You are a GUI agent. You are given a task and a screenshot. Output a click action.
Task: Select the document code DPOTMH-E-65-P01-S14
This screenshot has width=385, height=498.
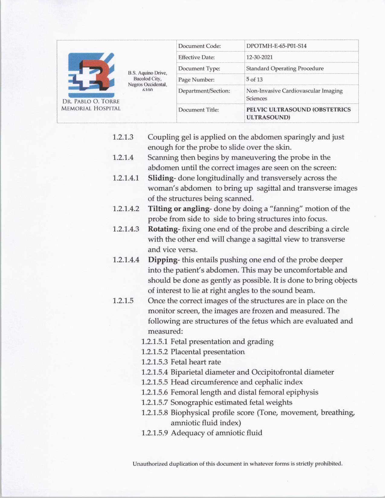[276, 46]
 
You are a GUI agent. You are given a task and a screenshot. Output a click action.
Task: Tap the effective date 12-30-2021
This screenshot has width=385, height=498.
[259, 57]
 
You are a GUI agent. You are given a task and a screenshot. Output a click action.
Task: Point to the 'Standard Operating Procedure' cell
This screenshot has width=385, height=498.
[285, 69]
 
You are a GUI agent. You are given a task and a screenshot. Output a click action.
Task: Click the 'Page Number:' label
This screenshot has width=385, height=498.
[196, 80]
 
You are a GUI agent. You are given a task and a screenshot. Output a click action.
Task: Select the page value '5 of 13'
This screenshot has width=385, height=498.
[254, 80]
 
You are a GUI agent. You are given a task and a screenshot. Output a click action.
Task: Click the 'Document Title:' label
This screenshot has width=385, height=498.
[198, 110]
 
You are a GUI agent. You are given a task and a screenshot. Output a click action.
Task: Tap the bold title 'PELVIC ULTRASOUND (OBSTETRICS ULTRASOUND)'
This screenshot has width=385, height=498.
[298, 113]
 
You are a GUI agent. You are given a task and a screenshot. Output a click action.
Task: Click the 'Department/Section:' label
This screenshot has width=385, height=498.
[204, 91]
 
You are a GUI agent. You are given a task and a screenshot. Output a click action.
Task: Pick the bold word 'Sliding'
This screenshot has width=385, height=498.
[161, 178]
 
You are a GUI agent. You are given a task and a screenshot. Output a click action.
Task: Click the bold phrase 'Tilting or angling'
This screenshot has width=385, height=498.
[178, 209]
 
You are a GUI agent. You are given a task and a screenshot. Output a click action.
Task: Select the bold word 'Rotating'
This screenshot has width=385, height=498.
[162, 229]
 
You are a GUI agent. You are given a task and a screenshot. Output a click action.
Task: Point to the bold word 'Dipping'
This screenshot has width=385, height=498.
[162, 260]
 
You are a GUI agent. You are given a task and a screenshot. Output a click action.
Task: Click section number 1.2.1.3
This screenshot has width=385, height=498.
[123, 137]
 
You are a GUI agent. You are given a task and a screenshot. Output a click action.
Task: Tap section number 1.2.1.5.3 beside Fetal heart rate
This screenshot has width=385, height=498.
[154, 362]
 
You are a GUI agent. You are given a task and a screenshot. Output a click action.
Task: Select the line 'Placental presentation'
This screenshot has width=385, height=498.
[207, 352]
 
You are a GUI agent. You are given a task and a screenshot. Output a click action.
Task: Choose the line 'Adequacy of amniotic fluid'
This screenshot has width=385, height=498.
[216, 433]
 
